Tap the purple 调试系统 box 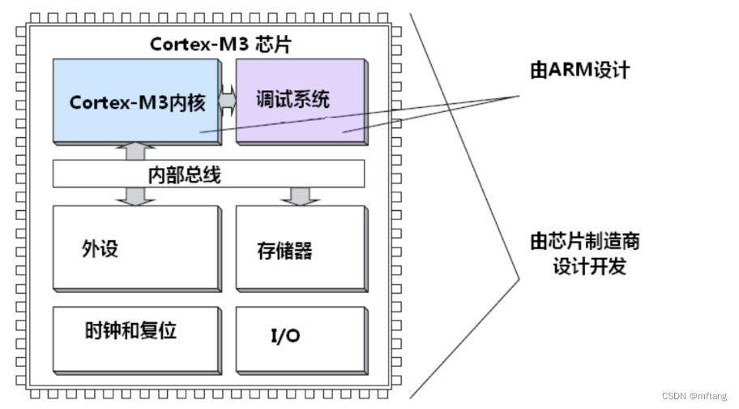point(300,122)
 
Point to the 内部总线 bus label point(184,173)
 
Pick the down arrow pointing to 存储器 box point(300,195)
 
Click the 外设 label point(100,248)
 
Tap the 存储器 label point(279,249)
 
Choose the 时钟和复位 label point(130,331)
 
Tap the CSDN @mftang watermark point(696,397)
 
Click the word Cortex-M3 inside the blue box point(103,102)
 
